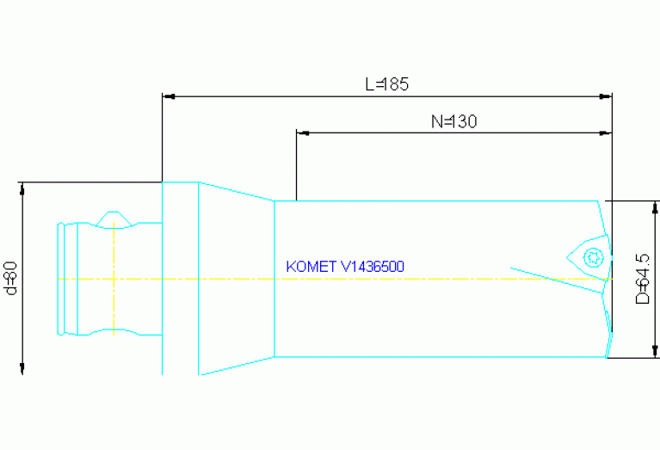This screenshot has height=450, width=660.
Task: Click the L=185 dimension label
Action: pos(386,84)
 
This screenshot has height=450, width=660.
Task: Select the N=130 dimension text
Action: pos(453,121)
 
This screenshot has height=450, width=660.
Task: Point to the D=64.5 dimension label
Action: pos(642,278)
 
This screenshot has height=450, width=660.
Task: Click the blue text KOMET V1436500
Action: pos(345,267)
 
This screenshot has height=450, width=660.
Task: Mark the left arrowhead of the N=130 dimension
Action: pos(301,133)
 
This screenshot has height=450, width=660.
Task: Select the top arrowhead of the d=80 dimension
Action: pos(22,188)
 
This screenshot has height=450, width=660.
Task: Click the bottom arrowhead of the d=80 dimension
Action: pos(22,369)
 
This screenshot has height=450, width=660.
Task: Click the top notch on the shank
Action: pos(113,219)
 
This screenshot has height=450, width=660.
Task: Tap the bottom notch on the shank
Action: pos(113,332)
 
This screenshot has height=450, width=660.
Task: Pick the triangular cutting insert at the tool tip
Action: pos(587,254)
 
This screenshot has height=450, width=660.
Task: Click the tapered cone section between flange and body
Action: pos(236,278)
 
